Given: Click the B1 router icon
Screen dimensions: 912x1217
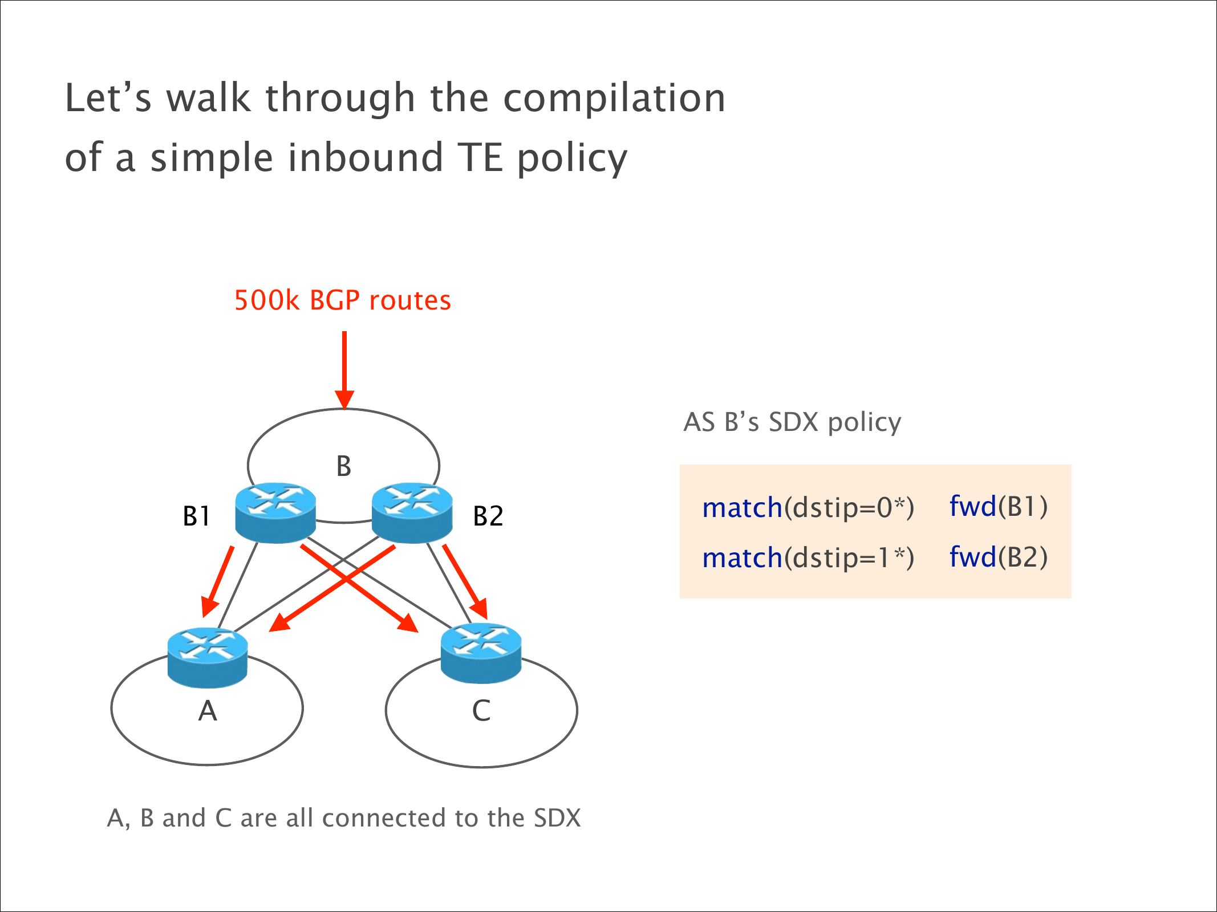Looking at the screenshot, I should click(x=275, y=512).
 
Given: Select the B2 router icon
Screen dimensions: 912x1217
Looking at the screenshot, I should click(x=412, y=512).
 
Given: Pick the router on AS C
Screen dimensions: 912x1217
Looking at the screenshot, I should click(x=481, y=653).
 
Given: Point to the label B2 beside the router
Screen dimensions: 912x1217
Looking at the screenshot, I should click(x=488, y=516).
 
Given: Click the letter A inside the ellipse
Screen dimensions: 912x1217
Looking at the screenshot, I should click(x=208, y=711).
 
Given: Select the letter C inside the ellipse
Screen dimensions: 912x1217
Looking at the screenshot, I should click(x=481, y=711).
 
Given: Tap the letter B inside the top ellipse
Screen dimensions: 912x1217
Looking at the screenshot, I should click(x=343, y=466).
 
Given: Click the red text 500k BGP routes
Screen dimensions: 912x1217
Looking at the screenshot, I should click(x=342, y=300).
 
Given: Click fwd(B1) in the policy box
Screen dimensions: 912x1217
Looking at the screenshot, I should click(x=998, y=506).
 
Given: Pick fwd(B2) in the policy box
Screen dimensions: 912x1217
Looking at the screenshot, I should click(x=998, y=557).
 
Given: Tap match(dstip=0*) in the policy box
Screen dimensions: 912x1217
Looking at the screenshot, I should click(x=808, y=507).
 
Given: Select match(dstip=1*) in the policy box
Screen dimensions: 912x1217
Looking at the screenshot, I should click(x=808, y=557).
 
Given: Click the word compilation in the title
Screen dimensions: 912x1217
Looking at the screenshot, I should click(x=614, y=98).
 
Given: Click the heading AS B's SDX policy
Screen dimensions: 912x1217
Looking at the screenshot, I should click(x=792, y=422).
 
